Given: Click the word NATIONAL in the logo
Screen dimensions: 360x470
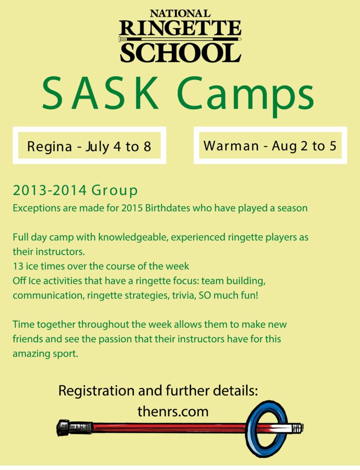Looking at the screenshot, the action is [180, 13].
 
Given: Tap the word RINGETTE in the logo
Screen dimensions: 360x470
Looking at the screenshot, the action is [180, 28].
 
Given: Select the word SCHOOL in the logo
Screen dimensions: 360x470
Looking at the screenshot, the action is [180, 53].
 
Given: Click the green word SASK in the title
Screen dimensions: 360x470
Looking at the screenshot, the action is [101, 93].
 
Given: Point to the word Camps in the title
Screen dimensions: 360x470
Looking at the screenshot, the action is [246, 96].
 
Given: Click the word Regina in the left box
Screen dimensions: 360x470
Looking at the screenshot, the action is [50, 147].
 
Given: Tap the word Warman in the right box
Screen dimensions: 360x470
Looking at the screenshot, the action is [231, 146].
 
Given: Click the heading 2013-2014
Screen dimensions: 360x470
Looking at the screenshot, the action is [50, 190].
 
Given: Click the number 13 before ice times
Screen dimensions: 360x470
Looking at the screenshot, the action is [18, 266].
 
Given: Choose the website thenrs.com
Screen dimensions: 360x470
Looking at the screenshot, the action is [173, 412].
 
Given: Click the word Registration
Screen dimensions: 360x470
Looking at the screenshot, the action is [96, 391].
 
